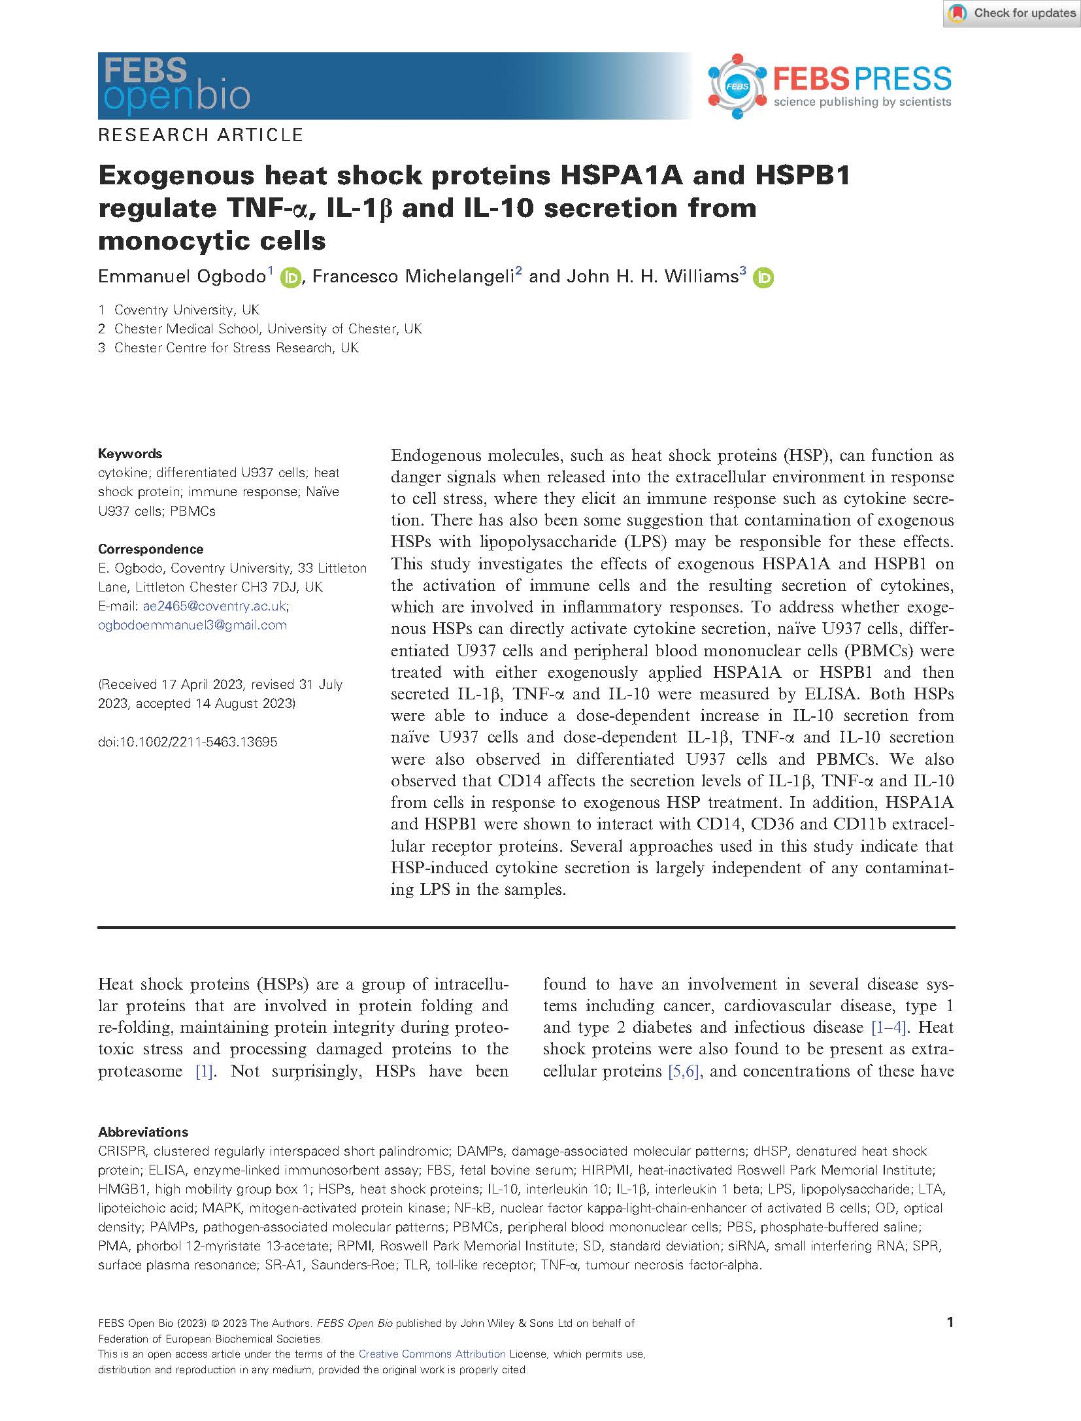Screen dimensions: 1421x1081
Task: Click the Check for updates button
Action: point(1011,13)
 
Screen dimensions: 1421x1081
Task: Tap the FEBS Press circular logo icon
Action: point(737,86)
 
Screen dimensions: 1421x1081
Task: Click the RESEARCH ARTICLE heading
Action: point(201,135)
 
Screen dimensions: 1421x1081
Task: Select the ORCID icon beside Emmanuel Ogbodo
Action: point(290,278)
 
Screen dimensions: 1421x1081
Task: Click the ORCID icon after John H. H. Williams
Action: point(762,278)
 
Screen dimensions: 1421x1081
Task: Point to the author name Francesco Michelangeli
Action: point(414,276)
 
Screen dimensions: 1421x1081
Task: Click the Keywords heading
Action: point(130,454)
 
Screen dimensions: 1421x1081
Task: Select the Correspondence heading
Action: point(150,549)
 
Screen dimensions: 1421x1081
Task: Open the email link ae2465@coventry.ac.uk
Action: point(215,606)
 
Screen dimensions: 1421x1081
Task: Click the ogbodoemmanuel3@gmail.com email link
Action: point(192,625)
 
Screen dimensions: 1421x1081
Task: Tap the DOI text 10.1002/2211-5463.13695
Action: point(188,742)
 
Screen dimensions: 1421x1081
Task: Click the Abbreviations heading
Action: point(143,1132)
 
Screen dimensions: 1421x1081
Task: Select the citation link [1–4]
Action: point(889,1028)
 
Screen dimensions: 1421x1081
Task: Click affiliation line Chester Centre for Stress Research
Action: point(236,348)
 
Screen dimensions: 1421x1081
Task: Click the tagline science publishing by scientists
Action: point(862,102)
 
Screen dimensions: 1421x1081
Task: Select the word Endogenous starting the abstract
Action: point(433,456)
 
